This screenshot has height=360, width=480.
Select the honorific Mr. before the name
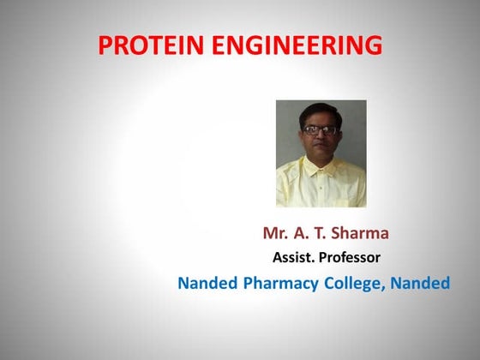277,233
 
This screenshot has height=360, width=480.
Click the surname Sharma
362,233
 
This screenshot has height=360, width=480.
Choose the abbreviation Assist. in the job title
296,256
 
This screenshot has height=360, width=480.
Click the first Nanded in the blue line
207,283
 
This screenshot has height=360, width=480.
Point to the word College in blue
352,284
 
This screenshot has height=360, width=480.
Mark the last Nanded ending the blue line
420,283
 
